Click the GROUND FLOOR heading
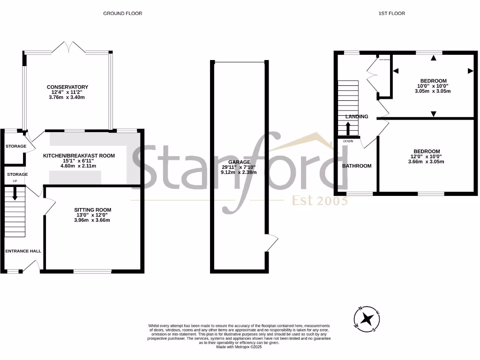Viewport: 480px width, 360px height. click(122, 14)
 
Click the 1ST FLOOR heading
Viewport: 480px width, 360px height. click(391, 14)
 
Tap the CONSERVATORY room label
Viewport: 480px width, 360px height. click(67, 87)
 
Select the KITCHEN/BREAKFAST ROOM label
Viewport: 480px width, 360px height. click(79, 156)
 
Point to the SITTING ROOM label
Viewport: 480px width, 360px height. click(92, 210)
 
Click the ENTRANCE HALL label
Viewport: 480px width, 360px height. click(23, 251)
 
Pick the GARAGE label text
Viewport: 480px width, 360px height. click(240, 162)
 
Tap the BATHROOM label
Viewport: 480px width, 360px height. click(357, 166)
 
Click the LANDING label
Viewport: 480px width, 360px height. click(357, 117)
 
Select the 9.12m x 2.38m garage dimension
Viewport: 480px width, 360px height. click(240, 172)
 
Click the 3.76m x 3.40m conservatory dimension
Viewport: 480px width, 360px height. click(67, 98)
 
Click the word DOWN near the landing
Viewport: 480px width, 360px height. click(348, 141)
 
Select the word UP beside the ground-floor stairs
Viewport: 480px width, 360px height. click(15, 181)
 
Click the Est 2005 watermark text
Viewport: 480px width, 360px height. click(320, 201)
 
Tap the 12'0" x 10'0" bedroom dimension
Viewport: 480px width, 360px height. click(426, 157)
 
